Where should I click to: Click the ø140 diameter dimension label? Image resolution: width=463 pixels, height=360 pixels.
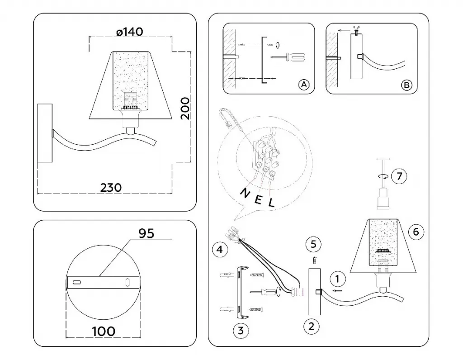coord(129,32)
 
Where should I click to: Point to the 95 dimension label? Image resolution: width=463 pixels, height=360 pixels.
coord(146,233)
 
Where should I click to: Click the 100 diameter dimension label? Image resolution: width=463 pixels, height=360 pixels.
coord(104,331)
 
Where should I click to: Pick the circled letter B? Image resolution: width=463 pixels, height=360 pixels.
coord(406,85)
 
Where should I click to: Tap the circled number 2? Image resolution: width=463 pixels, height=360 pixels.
coord(311,325)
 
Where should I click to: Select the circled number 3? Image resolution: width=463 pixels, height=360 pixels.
coord(241,330)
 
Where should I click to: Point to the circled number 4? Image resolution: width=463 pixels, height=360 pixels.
coord(219,249)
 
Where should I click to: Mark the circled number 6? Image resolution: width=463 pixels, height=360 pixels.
coord(416,232)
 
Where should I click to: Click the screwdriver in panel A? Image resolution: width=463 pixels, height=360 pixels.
coord(289,57)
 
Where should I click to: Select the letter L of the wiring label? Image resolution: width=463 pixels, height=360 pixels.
coord(271,203)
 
